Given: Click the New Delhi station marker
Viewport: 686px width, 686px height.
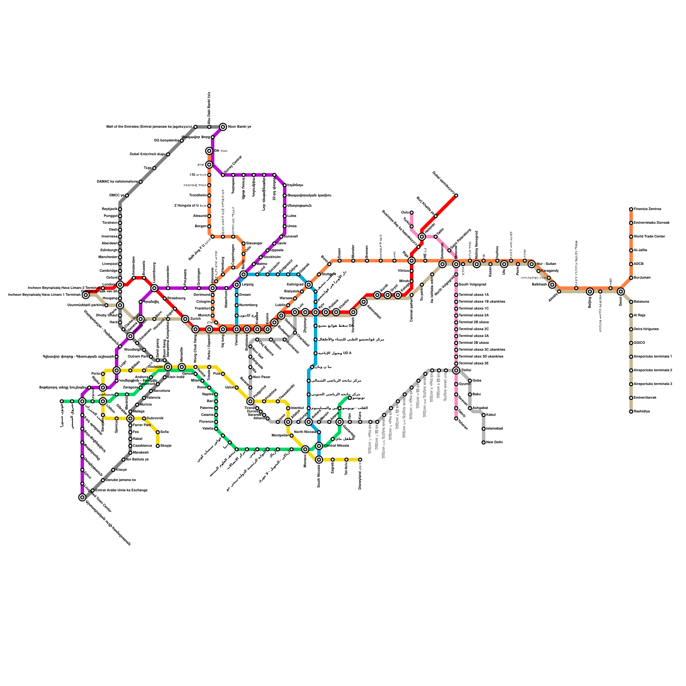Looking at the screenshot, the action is tap(484, 442).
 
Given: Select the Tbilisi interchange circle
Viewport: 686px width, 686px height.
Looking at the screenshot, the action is tap(456, 370).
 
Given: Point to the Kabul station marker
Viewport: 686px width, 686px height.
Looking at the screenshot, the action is tap(484, 415).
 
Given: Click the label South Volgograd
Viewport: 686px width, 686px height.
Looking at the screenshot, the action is tap(472, 285).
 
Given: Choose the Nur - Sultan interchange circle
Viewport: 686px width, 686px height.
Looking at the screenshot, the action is tap(532, 264).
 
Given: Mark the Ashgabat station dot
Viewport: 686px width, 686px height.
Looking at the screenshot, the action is tap(470, 408).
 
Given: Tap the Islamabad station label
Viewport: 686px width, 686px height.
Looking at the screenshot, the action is tap(494, 429).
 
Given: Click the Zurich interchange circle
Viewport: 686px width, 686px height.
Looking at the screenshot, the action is tap(185, 319).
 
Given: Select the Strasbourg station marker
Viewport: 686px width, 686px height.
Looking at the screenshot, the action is tap(165, 298).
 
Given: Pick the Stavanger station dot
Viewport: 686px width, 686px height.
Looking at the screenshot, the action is tap(244, 244).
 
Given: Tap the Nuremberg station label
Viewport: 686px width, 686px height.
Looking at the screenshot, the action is tap(249, 305).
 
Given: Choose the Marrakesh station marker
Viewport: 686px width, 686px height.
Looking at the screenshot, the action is tap(130, 453).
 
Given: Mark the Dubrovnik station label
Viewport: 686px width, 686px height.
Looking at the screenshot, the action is tap(155, 418).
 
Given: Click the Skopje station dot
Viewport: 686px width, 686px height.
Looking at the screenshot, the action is tap(158, 446).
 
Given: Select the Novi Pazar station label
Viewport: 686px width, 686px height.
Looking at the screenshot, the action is tap(262, 377).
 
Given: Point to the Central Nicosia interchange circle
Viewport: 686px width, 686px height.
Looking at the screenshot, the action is tap(319, 446).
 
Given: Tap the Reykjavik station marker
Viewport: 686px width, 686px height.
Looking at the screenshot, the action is tap(120, 209).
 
